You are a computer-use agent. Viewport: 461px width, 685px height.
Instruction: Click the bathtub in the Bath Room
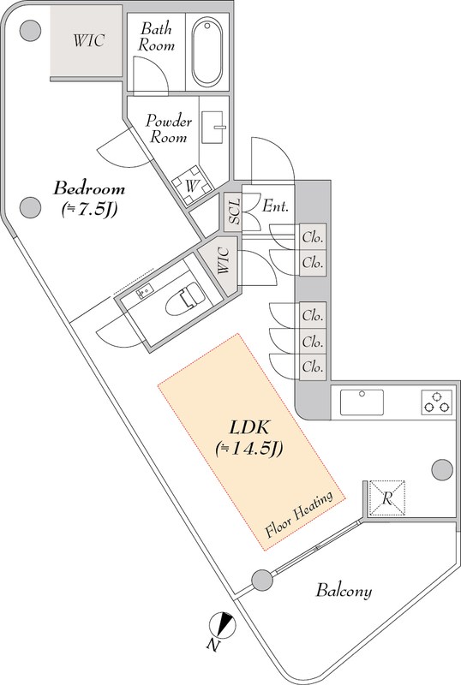coord(207,51)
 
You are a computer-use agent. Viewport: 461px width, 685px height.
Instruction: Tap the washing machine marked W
coord(192,185)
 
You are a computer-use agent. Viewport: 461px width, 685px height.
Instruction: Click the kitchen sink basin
coord(362,402)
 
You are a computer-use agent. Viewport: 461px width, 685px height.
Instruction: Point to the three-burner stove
coord(435,402)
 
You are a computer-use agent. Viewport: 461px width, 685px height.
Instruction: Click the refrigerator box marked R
coord(387,498)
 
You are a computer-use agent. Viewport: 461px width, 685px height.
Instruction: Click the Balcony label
coord(344,591)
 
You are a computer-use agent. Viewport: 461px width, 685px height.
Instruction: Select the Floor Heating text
coord(300,515)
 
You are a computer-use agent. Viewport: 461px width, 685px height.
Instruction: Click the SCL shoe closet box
coord(234,212)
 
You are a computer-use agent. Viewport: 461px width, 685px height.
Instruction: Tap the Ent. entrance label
coord(276,205)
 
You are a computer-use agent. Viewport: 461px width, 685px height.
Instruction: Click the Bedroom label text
coord(89,188)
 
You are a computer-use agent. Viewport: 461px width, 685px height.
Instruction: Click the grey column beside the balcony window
coord(262,581)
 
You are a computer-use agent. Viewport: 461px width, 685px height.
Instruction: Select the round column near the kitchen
coord(442,470)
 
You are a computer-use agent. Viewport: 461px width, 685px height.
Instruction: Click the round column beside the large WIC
coord(31,31)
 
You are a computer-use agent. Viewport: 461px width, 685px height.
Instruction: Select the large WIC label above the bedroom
coord(89,40)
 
